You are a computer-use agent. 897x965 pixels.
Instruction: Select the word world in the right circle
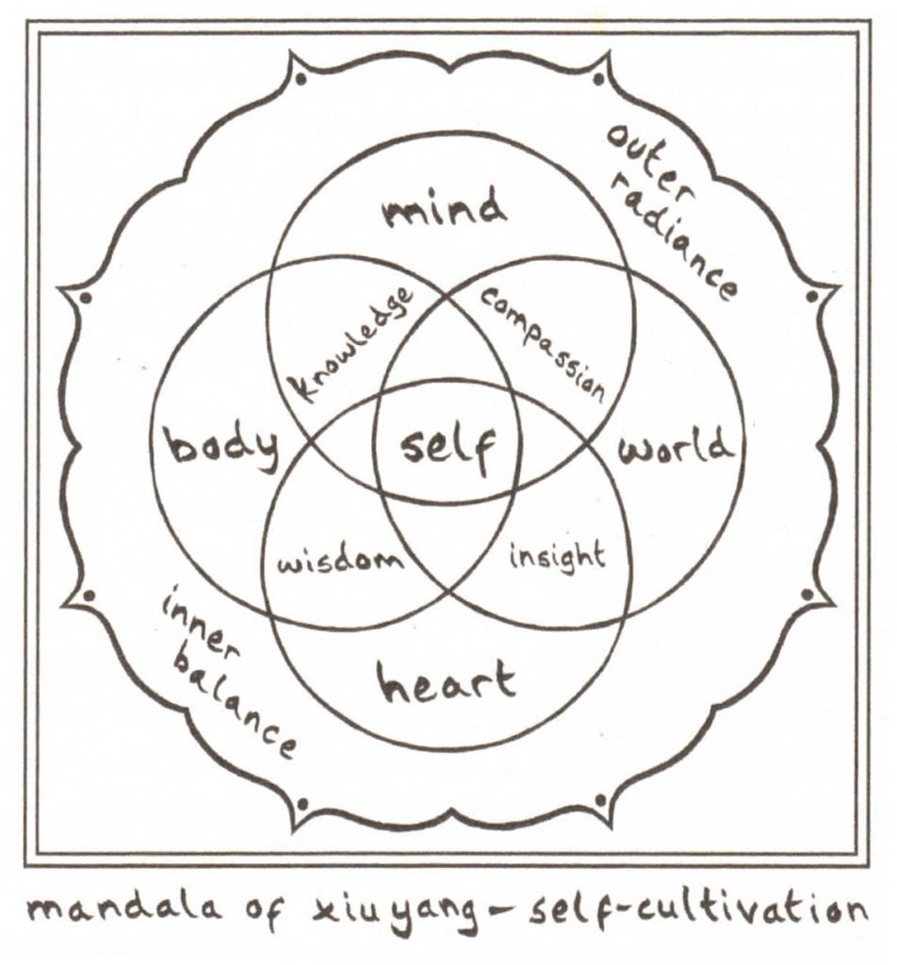click(674, 445)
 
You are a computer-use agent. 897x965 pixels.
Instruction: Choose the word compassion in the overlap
click(544, 341)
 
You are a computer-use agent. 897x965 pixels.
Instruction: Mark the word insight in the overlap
click(557, 556)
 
